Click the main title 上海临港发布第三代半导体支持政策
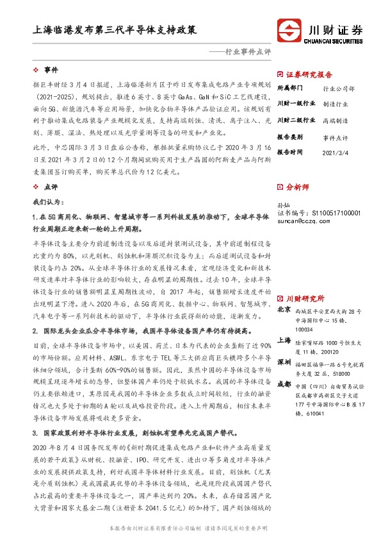(x=115, y=30)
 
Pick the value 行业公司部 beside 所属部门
(x=339, y=88)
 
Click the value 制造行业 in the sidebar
(x=336, y=103)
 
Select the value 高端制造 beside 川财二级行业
(x=336, y=120)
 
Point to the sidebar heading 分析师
(x=297, y=187)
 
